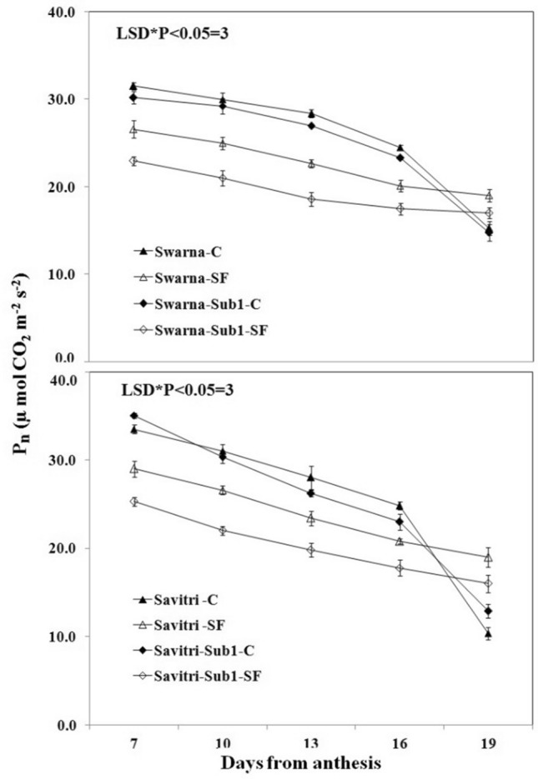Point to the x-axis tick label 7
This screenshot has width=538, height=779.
133,742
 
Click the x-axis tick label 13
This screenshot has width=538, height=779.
311,742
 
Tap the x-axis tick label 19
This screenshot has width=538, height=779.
489,742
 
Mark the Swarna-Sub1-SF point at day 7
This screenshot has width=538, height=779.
133,161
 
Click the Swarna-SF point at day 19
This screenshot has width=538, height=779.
489,196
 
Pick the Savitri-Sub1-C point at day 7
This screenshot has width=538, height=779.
133,415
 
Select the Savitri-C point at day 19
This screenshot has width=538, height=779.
489,634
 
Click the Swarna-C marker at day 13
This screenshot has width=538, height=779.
311,113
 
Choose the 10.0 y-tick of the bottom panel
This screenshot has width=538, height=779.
63,637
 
